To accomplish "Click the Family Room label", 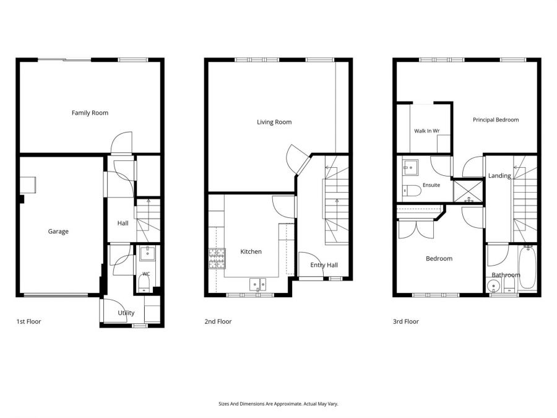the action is pos(90,113).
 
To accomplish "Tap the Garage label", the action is pos(58,232).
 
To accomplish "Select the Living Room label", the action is pos(274,122).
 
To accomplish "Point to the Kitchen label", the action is pos(251,251).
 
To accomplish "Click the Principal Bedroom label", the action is pos(496,120).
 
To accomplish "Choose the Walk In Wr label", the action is pos(426,131).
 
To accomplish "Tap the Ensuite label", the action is pos(431,185).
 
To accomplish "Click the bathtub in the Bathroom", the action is pos(527,268).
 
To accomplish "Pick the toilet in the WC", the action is pos(144,283).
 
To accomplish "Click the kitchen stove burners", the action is pos(217,258).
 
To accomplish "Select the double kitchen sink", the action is pos(258,284).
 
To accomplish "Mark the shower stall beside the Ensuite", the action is pos(468,192).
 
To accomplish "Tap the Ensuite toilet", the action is pos(412,191).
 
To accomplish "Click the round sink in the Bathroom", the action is pos(493,285).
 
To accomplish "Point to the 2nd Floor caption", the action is pos(218,321).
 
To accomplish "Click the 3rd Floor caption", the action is pos(405,321).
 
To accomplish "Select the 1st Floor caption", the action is pos(28,321).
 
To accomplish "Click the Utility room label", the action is pos(126,313).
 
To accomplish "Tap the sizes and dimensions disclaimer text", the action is pos(278,404).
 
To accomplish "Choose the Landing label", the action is pos(499,176).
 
